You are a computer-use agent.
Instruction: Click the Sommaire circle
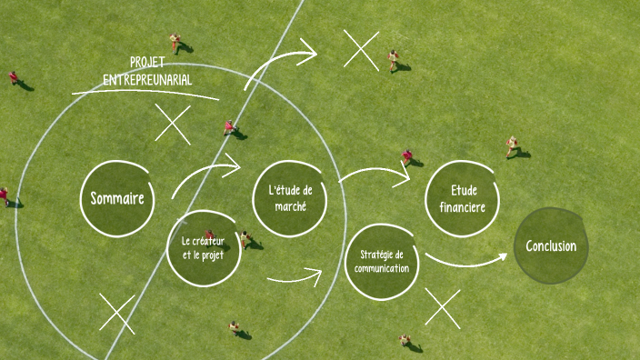[x=117, y=197]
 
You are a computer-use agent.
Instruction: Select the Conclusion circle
[x=551, y=245]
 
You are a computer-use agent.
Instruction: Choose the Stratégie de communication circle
[x=383, y=262]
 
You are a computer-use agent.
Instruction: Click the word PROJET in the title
[x=147, y=63]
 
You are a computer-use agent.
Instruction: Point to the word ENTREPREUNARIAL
[x=147, y=80]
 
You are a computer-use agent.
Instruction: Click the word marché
[x=290, y=206]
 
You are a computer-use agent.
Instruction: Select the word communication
[x=383, y=269]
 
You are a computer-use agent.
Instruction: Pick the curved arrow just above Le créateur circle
[x=205, y=174]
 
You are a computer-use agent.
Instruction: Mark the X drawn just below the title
[x=173, y=124]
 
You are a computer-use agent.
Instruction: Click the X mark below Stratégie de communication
[x=443, y=307]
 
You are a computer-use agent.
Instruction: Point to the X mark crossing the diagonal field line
[x=116, y=314]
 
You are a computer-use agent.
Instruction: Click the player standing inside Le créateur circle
[x=210, y=236]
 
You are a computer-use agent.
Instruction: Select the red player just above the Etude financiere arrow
[x=407, y=156]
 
